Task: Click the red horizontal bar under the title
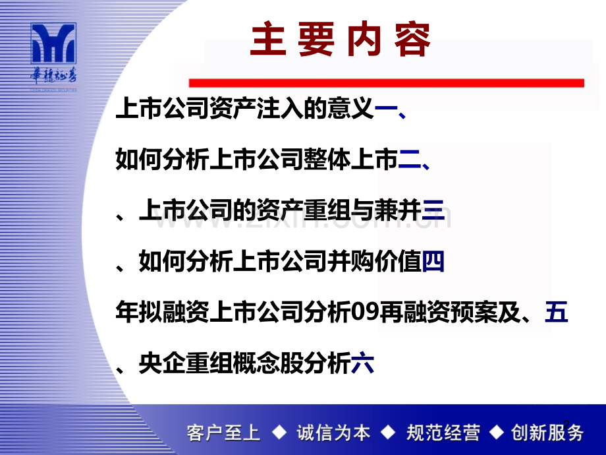(386, 83)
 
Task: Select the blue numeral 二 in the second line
(408, 159)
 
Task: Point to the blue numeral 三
(433, 211)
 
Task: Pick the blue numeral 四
(433, 262)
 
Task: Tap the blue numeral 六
(362, 363)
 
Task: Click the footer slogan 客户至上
(224, 433)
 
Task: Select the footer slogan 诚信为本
(333, 433)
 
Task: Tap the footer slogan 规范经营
(444, 433)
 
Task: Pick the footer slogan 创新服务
(548, 433)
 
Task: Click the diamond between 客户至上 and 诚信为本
(279, 433)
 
